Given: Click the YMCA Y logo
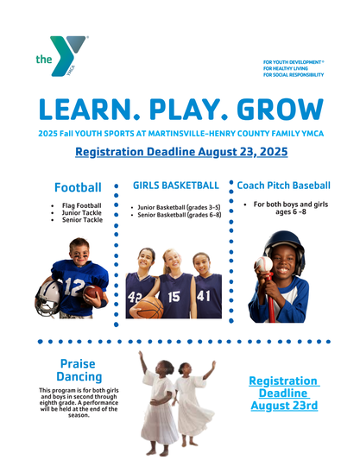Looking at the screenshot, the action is pos(62,56).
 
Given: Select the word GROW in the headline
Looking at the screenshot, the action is pos(280,109).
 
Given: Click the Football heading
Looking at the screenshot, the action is pos(78,187).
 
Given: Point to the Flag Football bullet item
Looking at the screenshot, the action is pos(81,205).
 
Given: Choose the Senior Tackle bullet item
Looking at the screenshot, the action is pos(82,220).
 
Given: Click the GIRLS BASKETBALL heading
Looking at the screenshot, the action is pos(176,186).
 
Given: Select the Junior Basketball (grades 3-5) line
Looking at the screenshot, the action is pos(179,207).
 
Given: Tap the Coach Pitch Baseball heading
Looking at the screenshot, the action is pos(284,186).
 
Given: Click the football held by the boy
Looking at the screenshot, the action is pos(93,293).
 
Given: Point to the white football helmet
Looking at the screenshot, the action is pos(49,298).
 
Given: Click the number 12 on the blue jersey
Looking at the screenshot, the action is pos(74,287).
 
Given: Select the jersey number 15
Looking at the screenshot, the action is pos(174,296).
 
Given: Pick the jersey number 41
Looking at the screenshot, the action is pos(204,296).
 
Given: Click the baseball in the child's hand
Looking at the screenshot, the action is pos(264,265).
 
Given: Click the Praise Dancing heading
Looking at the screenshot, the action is pos(79,370).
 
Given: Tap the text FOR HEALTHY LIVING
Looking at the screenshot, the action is pos(286,68).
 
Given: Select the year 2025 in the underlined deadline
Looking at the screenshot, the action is pos(273,152).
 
